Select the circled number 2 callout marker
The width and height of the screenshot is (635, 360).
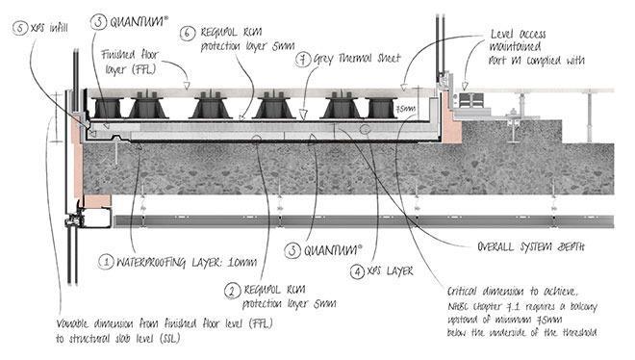(x=232, y=289)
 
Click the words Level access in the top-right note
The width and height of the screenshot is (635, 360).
(x=521, y=31)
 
